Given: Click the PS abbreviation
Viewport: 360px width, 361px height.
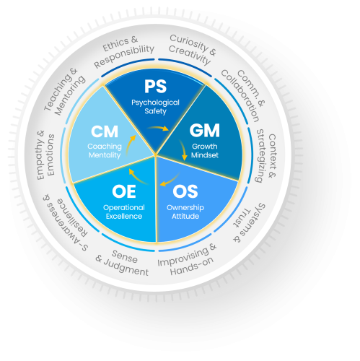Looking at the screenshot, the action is [x=155, y=87].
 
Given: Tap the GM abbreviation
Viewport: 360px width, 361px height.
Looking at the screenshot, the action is [x=205, y=131].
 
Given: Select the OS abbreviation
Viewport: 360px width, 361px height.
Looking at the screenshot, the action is [x=185, y=191].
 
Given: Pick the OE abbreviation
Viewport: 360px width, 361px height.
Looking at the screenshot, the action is [x=124, y=191].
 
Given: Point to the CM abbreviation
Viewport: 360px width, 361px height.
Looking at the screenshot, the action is [x=105, y=131].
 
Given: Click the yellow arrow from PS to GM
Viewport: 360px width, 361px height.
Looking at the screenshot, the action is [x=159, y=127].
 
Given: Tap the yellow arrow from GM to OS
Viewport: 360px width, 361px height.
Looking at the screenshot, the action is [x=183, y=149].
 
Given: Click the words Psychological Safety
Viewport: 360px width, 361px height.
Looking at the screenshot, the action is [x=155, y=107].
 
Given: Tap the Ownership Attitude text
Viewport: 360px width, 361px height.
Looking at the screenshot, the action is [x=185, y=212].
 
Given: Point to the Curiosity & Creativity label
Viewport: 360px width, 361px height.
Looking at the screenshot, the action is [x=192, y=49].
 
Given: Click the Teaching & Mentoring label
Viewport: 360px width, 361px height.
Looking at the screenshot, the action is [x=64, y=92].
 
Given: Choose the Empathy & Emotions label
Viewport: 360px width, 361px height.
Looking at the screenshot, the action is [x=45, y=155].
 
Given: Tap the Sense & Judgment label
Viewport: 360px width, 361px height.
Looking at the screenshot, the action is [x=123, y=263].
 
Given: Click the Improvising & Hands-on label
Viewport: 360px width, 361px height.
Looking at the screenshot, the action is [x=187, y=259].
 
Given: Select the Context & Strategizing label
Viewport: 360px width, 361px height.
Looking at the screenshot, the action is [x=266, y=156].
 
